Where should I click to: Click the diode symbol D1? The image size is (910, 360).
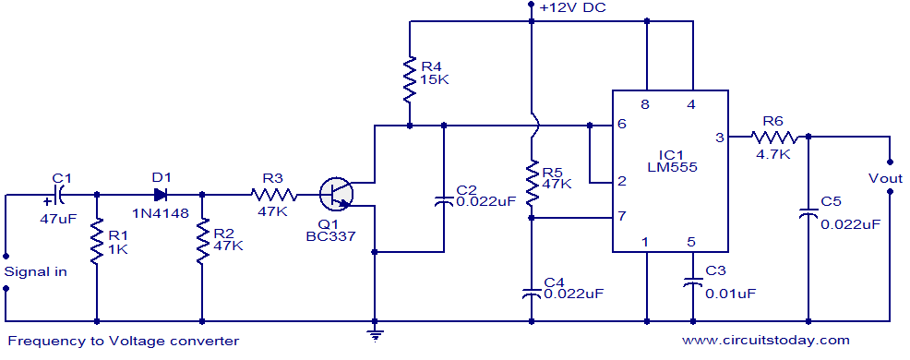coord(161,195)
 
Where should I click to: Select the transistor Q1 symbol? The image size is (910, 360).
coord(336,195)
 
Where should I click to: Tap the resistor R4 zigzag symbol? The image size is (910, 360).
coord(409,79)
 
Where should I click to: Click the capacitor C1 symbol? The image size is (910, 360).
coord(58,195)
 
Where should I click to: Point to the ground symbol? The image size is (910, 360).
coord(375,333)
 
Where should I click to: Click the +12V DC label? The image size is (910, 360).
coord(572,8)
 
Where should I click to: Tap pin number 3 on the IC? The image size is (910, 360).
coord(719,138)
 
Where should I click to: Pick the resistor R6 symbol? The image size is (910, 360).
coord(772,137)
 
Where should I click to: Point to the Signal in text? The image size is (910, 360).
coord(34,271)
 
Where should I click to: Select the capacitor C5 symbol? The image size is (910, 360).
coord(808,214)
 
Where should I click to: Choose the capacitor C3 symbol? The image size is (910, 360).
coord(691,282)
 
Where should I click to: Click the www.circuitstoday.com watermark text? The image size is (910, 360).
coord(765,341)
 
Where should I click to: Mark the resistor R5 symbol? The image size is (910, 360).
coord(532,185)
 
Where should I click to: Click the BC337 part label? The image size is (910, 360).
coord(329,236)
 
